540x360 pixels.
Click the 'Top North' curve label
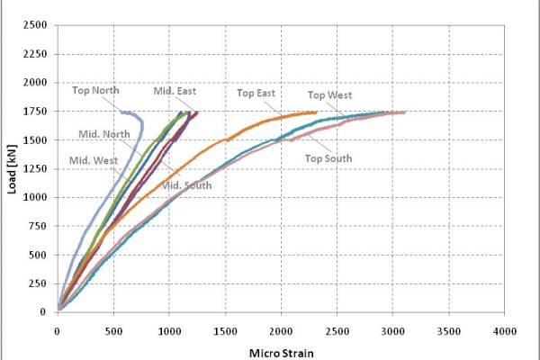pyautogui.click(x=95, y=90)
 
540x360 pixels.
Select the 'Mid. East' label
pyautogui.click(x=175, y=91)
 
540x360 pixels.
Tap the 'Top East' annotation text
pyautogui.click(x=256, y=93)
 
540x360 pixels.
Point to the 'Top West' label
pyautogui.click(x=330, y=95)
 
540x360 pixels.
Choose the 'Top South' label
pyautogui.click(x=328, y=158)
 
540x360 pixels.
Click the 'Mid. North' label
pyautogui.click(x=104, y=134)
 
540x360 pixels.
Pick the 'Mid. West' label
pyautogui.click(x=94, y=160)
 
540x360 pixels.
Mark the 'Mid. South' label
pyautogui.click(x=186, y=185)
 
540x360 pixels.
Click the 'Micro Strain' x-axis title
pyautogui.click(x=282, y=354)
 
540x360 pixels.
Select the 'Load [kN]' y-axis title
pyautogui.click(x=12, y=169)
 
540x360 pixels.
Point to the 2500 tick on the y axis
pyautogui.click(x=35, y=25)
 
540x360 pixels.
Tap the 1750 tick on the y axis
pyautogui.click(x=35, y=112)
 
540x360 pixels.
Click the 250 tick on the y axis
pyautogui.click(x=38, y=283)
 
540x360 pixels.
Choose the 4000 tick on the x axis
pyautogui.click(x=505, y=331)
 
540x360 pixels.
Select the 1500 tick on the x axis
pyautogui.click(x=225, y=331)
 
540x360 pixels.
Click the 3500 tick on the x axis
pyautogui.click(x=449, y=331)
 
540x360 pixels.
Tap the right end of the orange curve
pyautogui.click(x=316, y=112)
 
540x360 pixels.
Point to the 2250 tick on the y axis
pyautogui.click(x=35, y=54)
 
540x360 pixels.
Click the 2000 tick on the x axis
pyautogui.click(x=281, y=331)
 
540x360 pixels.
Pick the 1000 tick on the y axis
pyautogui.click(x=35, y=197)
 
